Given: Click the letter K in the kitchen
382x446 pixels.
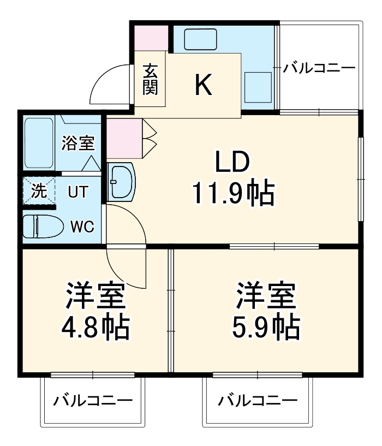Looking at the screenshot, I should tap(204, 85).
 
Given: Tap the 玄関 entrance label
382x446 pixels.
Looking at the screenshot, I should tap(150, 79).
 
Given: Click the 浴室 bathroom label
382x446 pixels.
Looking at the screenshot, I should tap(78, 143).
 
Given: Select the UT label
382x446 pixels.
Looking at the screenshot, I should tap(76, 192).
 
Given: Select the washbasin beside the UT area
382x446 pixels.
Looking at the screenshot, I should tap(121, 182).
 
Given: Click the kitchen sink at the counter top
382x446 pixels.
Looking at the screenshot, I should tap(201, 39).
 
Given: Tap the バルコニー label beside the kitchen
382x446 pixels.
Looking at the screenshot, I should tap(319, 68).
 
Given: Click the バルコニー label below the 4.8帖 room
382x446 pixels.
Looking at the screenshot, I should tap(93, 401).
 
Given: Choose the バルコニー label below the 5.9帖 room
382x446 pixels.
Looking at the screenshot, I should tap(258, 401).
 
